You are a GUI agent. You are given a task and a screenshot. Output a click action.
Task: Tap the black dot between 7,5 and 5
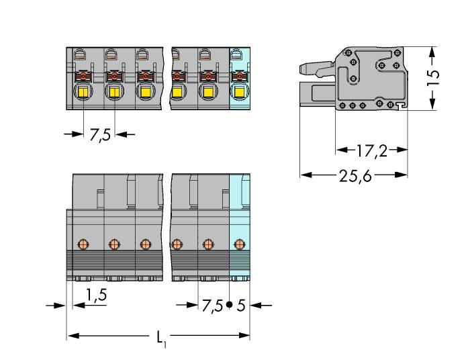[x=230, y=306]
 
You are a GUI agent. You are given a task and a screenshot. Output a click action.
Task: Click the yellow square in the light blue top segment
[x=239, y=92]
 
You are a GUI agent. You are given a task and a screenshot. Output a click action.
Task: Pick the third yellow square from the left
[x=144, y=92]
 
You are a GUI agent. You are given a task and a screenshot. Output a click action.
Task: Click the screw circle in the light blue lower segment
[x=239, y=243]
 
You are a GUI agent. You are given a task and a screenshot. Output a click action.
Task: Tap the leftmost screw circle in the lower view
[x=83, y=243]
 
